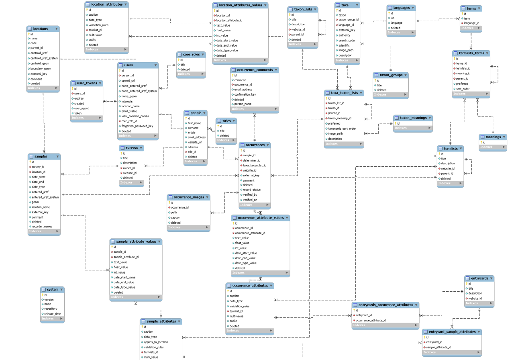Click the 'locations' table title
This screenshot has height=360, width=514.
coord(41,29)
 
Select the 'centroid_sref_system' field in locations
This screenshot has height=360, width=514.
coord(44,58)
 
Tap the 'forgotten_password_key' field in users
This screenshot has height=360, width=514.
coord(137,126)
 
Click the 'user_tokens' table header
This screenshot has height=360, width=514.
coord(87,83)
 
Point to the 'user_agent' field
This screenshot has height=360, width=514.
coord(82,108)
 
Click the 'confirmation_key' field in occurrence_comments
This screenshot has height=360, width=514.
coord(245,94)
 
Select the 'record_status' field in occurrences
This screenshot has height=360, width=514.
coord(252,190)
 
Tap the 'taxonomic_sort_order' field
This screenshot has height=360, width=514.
coord(342,129)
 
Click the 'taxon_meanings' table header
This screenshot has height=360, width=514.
coord(413,118)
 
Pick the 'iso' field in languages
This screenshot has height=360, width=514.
coord(393,18)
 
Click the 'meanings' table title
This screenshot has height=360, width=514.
coord(494,137)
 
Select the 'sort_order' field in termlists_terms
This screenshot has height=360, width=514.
coord(463,89)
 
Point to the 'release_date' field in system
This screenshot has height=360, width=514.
coord(53,314)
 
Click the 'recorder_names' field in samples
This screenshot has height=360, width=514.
coord(42,226)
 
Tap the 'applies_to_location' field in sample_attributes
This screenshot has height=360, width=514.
coord(156,342)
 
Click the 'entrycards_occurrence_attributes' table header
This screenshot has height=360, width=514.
coord(385,305)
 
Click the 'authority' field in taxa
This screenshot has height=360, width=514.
coord(345,35)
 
